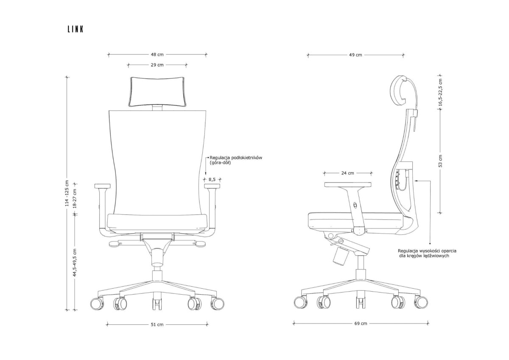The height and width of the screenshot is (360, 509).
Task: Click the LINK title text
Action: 76,29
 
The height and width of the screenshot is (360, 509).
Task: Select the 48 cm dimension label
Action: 157,55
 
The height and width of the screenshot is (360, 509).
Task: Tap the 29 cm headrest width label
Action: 157,65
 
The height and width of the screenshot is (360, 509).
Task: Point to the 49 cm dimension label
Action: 355,55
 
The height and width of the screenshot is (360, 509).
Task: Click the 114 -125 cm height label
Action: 67,193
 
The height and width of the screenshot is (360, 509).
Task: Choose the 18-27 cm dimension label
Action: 75,199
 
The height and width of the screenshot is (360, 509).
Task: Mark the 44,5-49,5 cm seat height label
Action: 75,262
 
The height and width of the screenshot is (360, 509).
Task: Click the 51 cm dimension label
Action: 157,325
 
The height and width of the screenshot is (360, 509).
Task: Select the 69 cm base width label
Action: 361,323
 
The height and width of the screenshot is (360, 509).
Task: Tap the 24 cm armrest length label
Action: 348,173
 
